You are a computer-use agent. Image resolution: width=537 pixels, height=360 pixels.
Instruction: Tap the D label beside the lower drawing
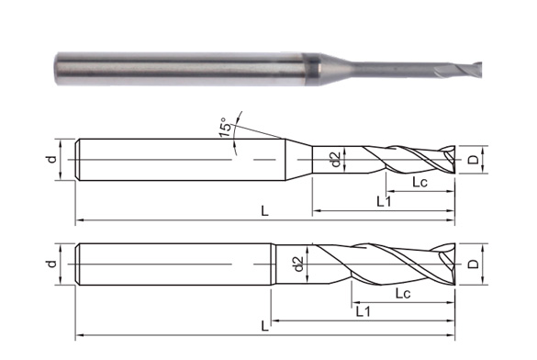[472, 264]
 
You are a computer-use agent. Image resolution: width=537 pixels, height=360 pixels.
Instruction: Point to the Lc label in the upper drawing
[420, 182]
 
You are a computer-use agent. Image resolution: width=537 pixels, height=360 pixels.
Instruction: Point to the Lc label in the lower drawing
[401, 294]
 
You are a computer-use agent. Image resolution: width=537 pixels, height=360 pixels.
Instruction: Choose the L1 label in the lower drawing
[363, 312]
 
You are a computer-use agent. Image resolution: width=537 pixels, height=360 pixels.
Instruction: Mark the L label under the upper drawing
[264, 211]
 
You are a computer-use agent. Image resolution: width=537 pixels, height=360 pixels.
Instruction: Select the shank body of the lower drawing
[174, 264]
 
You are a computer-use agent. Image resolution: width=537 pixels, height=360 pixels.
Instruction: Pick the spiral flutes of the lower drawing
[386, 264]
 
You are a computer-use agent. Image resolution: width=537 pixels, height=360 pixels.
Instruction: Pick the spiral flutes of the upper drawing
[404, 161]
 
